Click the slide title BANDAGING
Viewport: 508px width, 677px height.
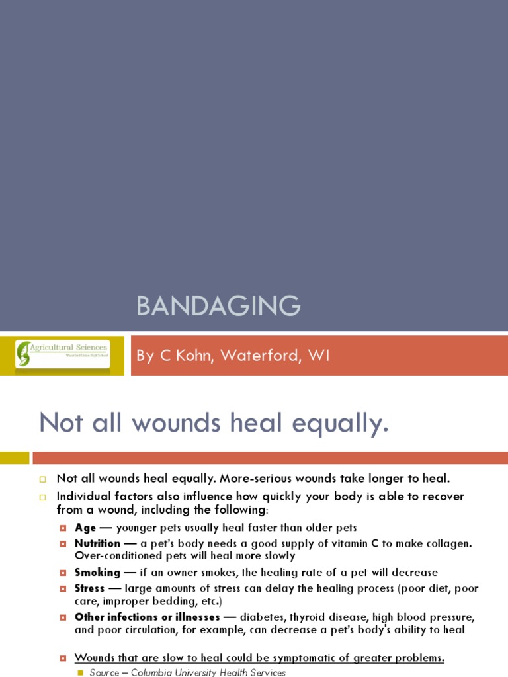tap(218, 306)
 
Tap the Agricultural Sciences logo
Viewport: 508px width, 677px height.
tap(63, 354)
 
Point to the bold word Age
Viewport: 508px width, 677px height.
tap(85, 528)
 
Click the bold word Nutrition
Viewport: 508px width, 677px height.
tap(97, 543)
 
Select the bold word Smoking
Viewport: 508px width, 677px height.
tap(97, 573)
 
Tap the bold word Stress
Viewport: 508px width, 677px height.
tap(89, 588)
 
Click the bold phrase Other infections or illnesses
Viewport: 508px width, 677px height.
tap(147, 617)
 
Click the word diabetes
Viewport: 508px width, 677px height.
tap(265, 617)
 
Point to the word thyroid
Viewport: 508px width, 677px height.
tap(311, 617)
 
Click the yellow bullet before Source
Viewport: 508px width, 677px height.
tap(81, 672)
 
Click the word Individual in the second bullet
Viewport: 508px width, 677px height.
tap(84, 497)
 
